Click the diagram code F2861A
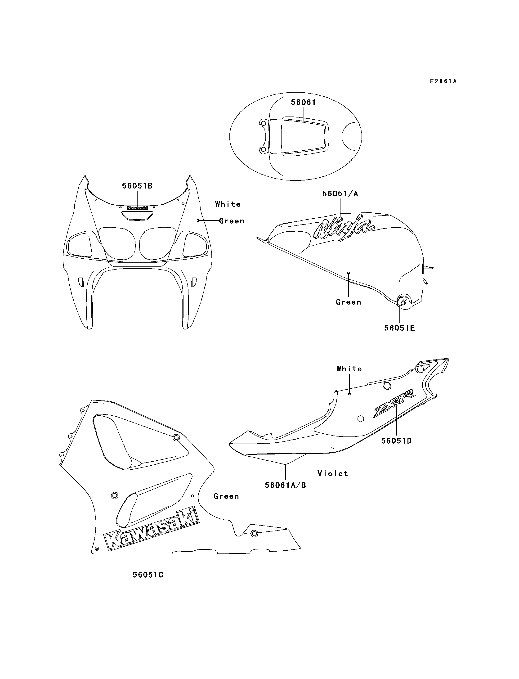pyautogui.click(x=443, y=81)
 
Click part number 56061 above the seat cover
pyautogui.click(x=303, y=102)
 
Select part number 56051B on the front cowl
pyautogui.click(x=137, y=186)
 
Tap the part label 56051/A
pyautogui.click(x=340, y=193)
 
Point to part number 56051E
pyautogui.click(x=399, y=328)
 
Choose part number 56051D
pyautogui.click(x=396, y=441)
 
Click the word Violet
pyautogui.click(x=333, y=473)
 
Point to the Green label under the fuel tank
pyautogui.click(x=349, y=302)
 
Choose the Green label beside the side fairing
pyautogui.click(x=226, y=496)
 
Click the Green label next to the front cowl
pyautogui.click(x=232, y=221)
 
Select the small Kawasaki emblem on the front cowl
pyautogui.click(x=137, y=208)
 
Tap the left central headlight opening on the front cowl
pyautogui.click(x=117, y=243)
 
